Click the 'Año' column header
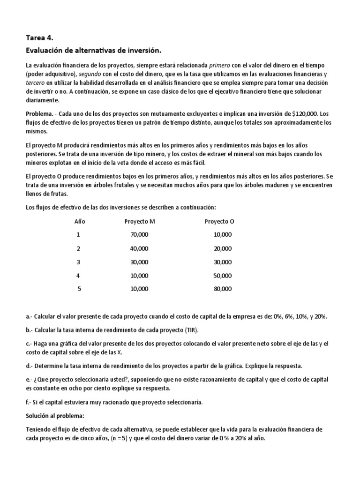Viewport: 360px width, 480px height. pos(80,221)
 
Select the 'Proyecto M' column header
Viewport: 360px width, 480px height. pos(139,221)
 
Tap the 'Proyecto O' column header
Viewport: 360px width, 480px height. pos(219,221)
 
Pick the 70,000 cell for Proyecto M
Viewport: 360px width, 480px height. pos(139,234)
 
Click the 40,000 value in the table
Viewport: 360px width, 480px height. pos(139,248)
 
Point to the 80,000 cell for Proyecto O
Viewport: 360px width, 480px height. pos(222,289)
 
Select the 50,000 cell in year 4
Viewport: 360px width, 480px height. pos(222,275)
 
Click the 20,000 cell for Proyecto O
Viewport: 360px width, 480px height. pos(222,248)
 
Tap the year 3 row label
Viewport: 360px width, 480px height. pos(79,262)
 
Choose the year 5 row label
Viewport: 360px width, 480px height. pos(79,289)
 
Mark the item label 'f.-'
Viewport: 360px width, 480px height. pos(29,402)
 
